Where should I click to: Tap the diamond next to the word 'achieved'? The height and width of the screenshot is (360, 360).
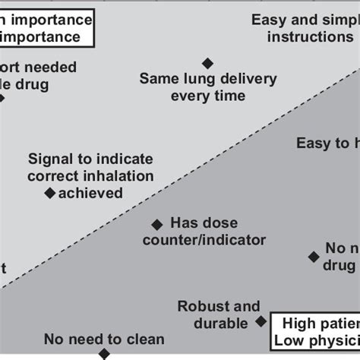click(x=50, y=194)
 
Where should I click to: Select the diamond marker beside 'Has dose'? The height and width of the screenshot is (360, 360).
click(x=157, y=224)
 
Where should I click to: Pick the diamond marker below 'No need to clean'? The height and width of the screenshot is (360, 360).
click(x=103, y=354)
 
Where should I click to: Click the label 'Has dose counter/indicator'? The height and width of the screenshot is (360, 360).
click(x=213, y=232)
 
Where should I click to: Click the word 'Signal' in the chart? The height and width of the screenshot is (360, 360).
click(x=52, y=159)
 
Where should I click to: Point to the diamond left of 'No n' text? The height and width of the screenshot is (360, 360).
click(x=313, y=257)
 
